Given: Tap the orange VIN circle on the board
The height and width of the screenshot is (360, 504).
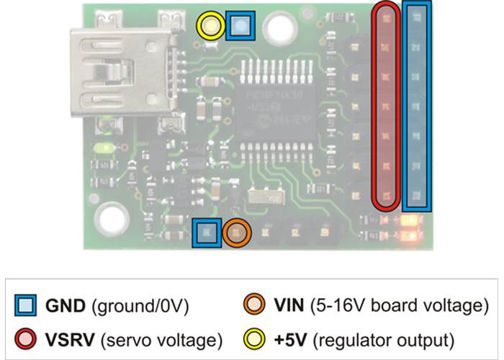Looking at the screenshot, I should [x=235, y=233].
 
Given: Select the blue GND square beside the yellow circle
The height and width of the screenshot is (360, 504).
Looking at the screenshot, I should [x=239, y=26].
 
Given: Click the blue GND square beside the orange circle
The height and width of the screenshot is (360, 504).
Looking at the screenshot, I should [x=206, y=233].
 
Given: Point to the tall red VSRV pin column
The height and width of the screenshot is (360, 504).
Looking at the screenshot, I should [x=386, y=106].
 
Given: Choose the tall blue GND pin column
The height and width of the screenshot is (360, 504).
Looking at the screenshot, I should [x=418, y=106].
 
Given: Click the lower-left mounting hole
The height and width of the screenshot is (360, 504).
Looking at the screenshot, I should [x=112, y=216].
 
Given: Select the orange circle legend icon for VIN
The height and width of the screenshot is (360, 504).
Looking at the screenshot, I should [x=252, y=307].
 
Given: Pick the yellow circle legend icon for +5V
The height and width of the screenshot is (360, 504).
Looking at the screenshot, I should [x=252, y=337].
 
